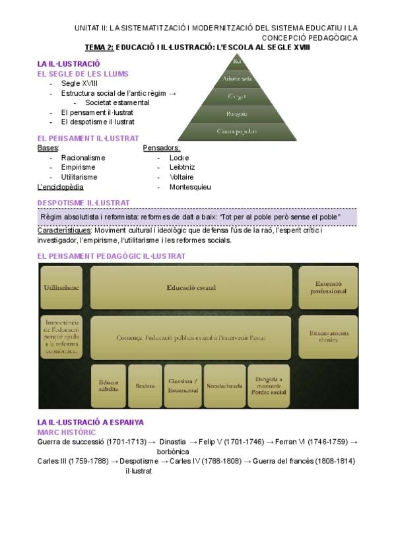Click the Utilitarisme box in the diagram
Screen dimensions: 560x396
(62, 288)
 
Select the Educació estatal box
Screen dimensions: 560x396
(191, 288)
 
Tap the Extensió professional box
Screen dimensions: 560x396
(328, 287)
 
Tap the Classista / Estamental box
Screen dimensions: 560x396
(183, 386)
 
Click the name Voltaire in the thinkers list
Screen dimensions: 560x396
(181, 177)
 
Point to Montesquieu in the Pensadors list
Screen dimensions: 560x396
(190, 187)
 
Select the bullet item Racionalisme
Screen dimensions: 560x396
(83, 158)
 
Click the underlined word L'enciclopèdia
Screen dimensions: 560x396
(61, 187)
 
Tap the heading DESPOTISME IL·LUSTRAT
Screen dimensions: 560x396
(84, 203)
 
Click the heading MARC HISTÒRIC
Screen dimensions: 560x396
(67, 431)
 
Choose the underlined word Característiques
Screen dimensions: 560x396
(65, 230)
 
